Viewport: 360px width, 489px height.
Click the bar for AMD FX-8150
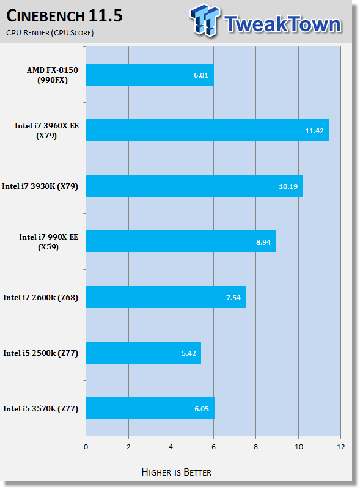pos(150,75)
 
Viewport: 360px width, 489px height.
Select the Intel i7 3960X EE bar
pos(207,130)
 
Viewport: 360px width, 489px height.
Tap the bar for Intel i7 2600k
pos(166,297)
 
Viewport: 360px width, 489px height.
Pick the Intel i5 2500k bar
pos(144,353)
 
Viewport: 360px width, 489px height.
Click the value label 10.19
pos(288,186)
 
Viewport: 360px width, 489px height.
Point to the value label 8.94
pos(263,242)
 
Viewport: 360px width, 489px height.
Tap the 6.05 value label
pos(202,409)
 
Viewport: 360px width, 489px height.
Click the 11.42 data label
pos(314,131)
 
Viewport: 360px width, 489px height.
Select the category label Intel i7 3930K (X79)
pos(40,186)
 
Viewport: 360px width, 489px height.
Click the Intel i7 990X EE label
pos(48,241)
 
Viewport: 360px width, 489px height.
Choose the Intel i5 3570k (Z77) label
pos(40,408)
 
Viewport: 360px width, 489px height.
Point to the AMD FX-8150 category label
pos(52,75)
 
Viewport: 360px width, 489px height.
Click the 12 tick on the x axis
pos(341,447)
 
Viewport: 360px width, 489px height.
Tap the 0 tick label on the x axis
pos(86,447)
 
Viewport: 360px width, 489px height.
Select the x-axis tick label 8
pos(256,447)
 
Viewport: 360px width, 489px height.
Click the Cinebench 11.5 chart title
pos(64,16)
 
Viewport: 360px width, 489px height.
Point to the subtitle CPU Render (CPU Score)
pos(50,33)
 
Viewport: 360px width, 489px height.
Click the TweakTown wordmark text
pos(282,24)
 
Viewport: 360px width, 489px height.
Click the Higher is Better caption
pos(176,472)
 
